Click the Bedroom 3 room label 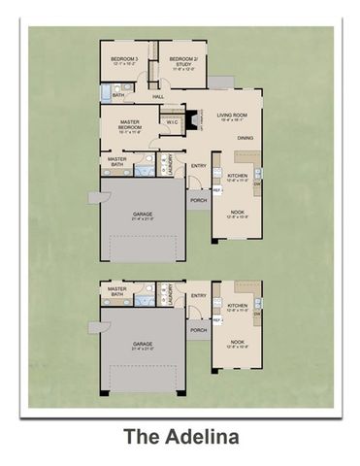pos(123,60)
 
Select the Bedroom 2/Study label pos(183,60)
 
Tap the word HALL pos(158,96)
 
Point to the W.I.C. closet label pos(172,122)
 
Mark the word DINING pos(245,138)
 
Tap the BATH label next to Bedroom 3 pos(118,95)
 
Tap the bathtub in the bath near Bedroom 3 pos(105,89)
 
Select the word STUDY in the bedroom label pos(183,63)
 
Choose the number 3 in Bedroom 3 pos(136,60)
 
